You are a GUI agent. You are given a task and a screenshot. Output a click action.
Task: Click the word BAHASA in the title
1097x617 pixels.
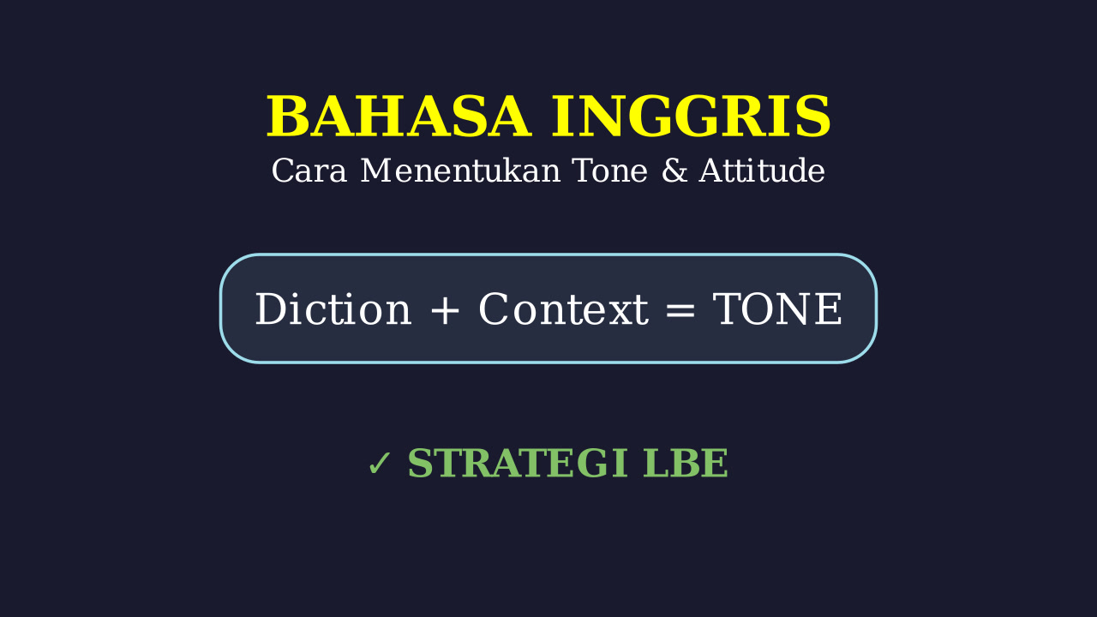pos(399,117)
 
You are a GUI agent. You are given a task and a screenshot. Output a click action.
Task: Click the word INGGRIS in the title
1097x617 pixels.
pos(691,117)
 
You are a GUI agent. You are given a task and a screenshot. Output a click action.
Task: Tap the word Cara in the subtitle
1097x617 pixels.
pos(309,171)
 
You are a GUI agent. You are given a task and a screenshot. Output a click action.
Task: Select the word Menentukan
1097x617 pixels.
pos(460,171)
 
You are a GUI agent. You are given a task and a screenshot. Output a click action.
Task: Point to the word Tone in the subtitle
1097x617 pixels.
pos(610,171)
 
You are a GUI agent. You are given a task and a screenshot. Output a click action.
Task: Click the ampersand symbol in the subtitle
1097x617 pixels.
pos(674,171)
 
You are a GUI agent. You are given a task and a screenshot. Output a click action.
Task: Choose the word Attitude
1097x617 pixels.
pos(762,171)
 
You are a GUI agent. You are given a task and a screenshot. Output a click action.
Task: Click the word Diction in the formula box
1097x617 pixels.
pos(333,308)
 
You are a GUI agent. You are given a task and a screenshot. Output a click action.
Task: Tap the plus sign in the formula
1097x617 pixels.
pos(445,309)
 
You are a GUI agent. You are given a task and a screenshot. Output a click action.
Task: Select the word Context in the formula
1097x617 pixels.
pos(564,308)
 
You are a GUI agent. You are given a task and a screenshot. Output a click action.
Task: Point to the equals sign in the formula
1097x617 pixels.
pos(680,310)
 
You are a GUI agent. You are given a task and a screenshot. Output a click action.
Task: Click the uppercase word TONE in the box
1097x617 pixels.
pos(777,308)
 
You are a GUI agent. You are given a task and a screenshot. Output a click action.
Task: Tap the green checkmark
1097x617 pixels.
pos(379,464)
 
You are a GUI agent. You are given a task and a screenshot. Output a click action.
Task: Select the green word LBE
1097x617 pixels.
pos(686,464)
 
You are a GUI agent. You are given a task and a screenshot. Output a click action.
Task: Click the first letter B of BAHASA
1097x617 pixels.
pos(286,117)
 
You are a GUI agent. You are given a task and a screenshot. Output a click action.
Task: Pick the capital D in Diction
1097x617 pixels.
pos(273,308)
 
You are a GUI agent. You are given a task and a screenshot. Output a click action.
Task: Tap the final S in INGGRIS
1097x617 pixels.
pos(813,117)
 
